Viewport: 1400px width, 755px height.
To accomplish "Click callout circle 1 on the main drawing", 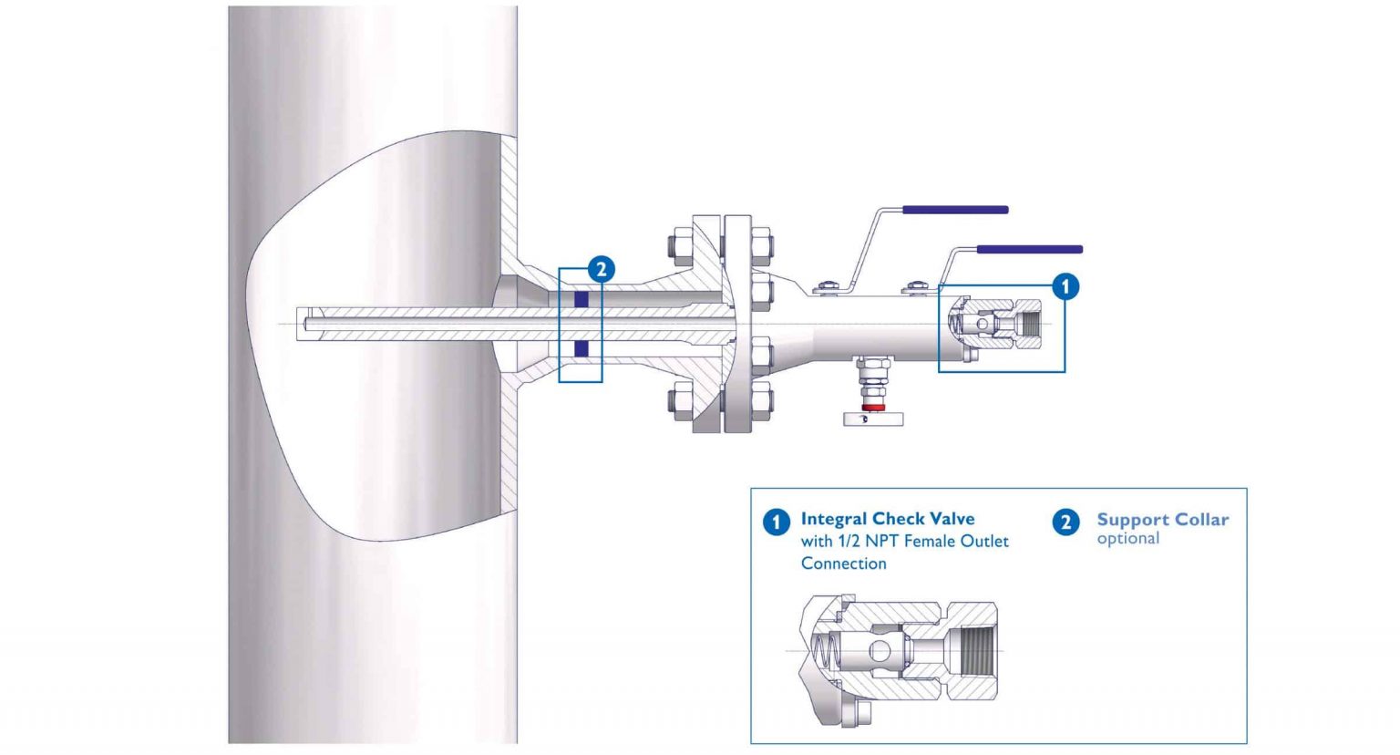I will coord(1065,286).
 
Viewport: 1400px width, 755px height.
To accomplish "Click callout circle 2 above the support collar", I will coord(601,269).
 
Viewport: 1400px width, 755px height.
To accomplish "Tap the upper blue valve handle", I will coord(955,210).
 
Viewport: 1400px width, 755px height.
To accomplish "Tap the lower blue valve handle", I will coord(1030,249).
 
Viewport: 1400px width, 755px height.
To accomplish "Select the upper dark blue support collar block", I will coord(581,299).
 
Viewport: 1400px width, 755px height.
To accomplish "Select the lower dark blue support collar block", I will coord(581,348).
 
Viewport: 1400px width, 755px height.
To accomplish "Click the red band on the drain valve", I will coord(873,406).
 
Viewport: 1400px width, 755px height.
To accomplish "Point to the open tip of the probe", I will coord(302,324).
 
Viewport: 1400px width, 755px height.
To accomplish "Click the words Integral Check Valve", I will coord(887,519).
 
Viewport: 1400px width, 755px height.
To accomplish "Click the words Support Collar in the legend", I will coord(1162,520).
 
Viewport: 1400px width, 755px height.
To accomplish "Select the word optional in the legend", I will coord(1127,539).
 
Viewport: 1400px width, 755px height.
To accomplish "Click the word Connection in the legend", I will coord(843,564).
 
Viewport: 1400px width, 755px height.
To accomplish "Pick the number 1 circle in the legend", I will coord(776,522).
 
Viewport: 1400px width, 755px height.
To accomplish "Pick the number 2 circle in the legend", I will coord(1065,522).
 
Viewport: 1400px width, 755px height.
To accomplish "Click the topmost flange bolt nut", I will coord(679,246).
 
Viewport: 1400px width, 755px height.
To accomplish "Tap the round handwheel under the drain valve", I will coord(873,419).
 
